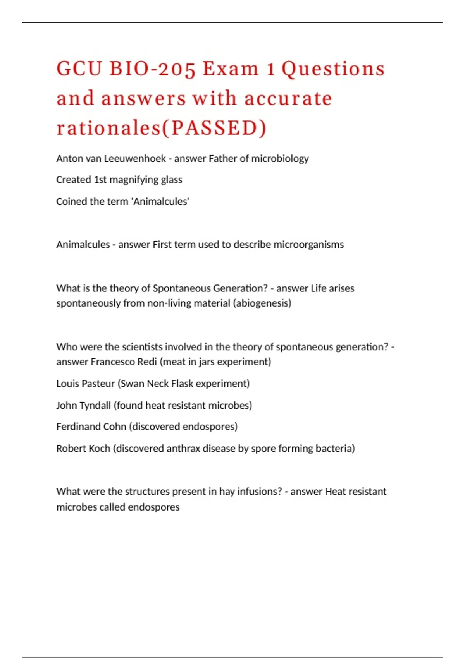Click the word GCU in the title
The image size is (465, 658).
(x=79, y=69)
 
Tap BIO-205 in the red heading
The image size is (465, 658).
(x=152, y=69)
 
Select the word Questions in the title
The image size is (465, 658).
(x=333, y=69)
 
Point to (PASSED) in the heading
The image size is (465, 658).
(x=214, y=128)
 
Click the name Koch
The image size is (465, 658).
(x=99, y=448)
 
